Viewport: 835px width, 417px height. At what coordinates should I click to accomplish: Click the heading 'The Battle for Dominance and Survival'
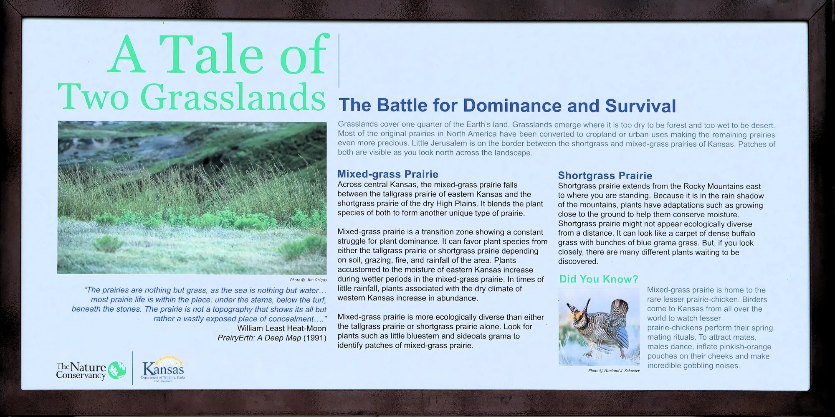click(507, 106)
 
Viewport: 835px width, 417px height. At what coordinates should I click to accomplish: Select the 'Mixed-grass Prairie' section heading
click(388, 174)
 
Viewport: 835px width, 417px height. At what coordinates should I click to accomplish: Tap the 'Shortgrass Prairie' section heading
click(605, 175)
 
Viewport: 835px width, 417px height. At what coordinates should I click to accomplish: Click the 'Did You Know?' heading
click(599, 279)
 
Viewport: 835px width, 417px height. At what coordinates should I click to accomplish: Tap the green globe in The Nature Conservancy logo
click(117, 370)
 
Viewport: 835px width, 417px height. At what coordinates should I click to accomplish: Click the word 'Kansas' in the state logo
click(163, 369)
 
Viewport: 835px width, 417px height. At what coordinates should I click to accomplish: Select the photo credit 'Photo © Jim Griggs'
click(308, 280)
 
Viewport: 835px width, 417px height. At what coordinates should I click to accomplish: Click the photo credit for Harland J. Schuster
click(614, 371)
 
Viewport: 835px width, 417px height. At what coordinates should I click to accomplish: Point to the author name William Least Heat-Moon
click(282, 328)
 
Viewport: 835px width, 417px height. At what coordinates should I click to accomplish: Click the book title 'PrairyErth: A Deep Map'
click(259, 338)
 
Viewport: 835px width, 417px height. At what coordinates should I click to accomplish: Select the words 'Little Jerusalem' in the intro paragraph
click(437, 144)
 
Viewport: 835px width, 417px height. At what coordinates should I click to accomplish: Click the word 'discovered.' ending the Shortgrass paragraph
click(578, 262)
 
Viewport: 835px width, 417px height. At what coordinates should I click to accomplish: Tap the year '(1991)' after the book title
click(315, 338)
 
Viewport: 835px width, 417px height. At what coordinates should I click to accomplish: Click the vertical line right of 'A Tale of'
click(339, 61)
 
